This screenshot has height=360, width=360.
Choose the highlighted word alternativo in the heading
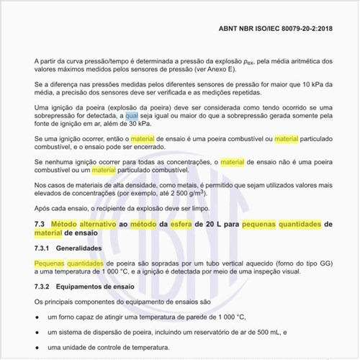click(100, 225)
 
